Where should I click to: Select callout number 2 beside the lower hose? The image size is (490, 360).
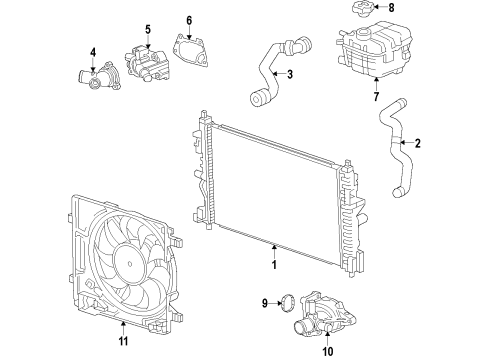point(418,144)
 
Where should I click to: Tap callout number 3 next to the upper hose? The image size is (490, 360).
point(289,75)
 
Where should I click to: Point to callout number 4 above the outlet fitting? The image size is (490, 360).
point(93,53)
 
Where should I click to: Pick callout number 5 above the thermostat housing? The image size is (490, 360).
point(147,29)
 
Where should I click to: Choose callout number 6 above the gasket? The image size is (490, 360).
point(189,20)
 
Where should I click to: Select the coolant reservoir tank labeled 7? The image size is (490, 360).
point(370,50)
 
